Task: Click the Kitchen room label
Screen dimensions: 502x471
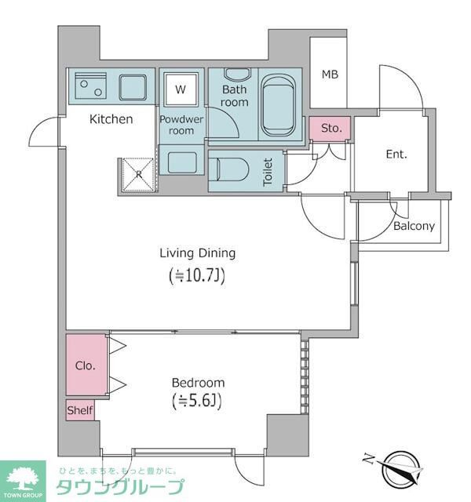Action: coord(111,119)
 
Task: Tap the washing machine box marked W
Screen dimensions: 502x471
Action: coord(181,89)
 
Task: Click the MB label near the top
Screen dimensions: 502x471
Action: coord(330,75)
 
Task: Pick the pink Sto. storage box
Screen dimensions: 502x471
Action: coord(330,128)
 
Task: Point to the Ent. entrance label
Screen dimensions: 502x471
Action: coord(396,155)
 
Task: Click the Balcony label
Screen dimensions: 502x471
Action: coord(414,226)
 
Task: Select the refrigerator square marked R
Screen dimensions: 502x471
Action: coord(138,175)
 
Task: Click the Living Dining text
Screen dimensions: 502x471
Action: coord(198,253)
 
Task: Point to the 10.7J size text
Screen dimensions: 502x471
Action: coord(198,275)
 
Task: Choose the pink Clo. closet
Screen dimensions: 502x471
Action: coord(86,366)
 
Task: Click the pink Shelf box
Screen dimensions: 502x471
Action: coord(80,410)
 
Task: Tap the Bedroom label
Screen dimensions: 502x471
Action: coord(198,383)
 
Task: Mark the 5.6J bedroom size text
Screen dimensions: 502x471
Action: coord(198,403)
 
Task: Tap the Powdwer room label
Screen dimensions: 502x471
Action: coord(181,125)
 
